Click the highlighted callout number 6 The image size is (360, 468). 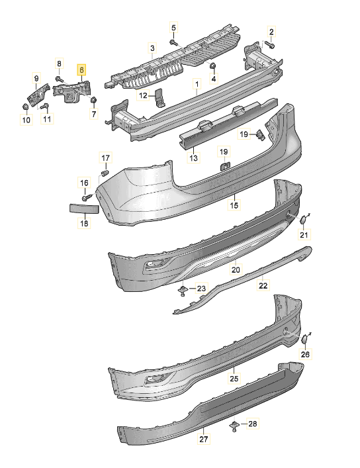(81, 70)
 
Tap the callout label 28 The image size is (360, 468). (253, 424)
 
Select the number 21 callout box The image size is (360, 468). (304, 234)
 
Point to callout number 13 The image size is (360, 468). (193, 158)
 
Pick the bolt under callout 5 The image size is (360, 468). (173, 42)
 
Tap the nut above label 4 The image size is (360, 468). (212, 66)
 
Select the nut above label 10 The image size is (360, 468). (25, 107)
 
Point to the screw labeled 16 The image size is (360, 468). (85, 197)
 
